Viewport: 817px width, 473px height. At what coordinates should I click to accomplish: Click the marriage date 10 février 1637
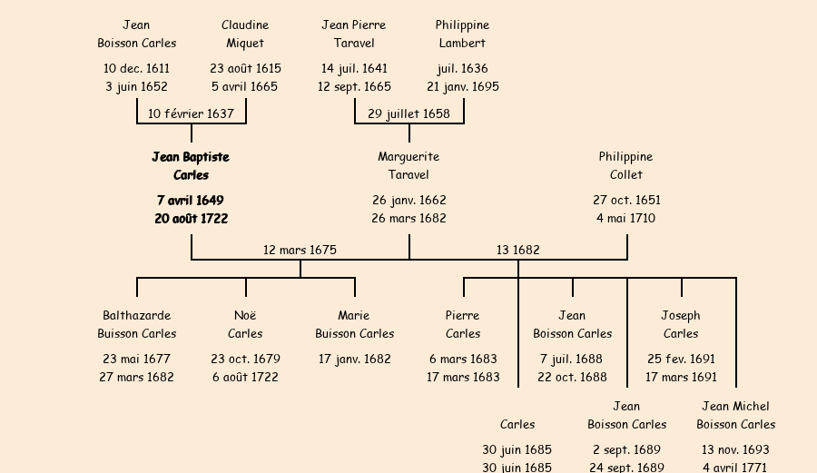click(x=191, y=113)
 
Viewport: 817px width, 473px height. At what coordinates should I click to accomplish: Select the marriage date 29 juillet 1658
click(x=408, y=113)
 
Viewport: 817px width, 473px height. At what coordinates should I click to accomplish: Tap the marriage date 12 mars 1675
click(x=300, y=250)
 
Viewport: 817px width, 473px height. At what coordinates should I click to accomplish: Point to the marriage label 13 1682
click(x=517, y=250)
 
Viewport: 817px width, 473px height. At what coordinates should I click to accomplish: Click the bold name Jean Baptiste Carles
click(x=191, y=166)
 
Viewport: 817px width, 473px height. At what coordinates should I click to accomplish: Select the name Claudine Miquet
click(x=245, y=34)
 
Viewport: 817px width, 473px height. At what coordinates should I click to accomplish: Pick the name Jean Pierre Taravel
click(x=354, y=34)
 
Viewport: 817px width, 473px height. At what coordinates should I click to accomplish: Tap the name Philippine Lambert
click(x=462, y=34)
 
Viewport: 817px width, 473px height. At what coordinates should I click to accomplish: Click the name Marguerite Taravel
click(x=408, y=166)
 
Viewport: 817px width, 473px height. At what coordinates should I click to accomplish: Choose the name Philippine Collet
click(x=625, y=166)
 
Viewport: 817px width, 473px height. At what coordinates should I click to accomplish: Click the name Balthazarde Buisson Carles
click(x=137, y=324)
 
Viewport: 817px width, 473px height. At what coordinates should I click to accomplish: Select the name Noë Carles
click(x=245, y=324)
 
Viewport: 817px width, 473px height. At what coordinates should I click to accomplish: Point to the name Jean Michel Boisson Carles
click(x=735, y=415)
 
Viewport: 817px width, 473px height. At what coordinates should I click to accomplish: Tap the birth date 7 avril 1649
click(x=191, y=200)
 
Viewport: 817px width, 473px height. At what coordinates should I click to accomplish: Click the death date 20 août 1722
click(x=191, y=218)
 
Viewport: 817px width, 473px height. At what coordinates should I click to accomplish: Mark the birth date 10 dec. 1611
click(x=136, y=68)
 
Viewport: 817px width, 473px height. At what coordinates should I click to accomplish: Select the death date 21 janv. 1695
click(x=463, y=86)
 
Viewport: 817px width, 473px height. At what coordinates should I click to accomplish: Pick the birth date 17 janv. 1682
click(x=354, y=359)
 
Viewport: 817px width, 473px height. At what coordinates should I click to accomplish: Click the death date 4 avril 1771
click(x=735, y=468)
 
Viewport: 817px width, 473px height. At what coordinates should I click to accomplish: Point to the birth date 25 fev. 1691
click(x=681, y=359)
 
